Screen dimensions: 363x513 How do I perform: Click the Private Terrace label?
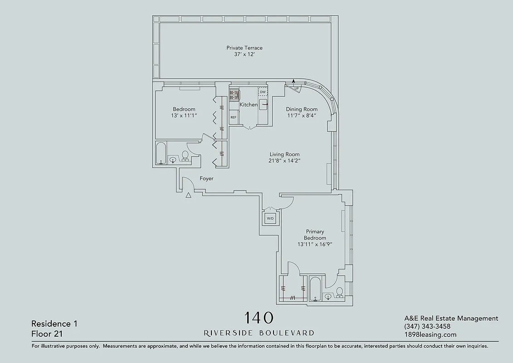click(x=244, y=48)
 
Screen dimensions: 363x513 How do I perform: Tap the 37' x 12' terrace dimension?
click(x=244, y=55)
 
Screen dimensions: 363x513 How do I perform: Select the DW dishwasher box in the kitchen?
click(x=263, y=92)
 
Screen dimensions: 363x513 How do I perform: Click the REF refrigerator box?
click(x=234, y=117)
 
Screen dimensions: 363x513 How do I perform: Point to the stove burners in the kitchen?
click(x=234, y=94)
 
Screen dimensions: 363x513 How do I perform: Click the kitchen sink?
click(x=264, y=105)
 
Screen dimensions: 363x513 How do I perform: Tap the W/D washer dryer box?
click(x=270, y=219)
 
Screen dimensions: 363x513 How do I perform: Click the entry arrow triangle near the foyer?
click(x=188, y=195)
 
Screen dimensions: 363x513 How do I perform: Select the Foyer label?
click(x=206, y=179)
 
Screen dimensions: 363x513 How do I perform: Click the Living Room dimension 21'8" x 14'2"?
click(x=284, y=161)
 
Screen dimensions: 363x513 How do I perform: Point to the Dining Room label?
click(x=302, y=109)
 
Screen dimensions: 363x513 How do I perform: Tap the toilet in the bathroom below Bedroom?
click(x=185, y=156)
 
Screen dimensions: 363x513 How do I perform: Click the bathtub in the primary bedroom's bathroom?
click(x=315, y=289)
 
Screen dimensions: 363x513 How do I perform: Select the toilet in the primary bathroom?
click(x=339, y=292)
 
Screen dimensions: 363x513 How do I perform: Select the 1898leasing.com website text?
click(x=430, y=335)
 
